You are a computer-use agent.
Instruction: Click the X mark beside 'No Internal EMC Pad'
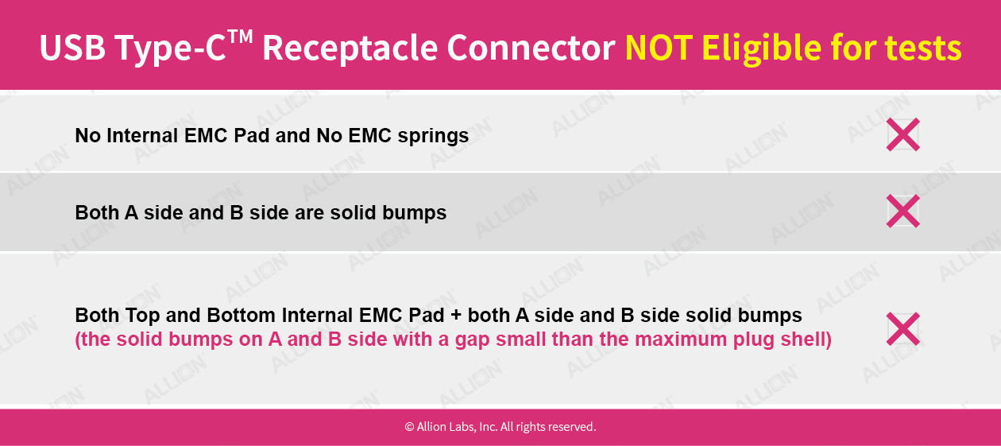pyautogui.click(x=903, y=134)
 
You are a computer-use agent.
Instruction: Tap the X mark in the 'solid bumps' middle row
pyautogui.click(x=903, y=211)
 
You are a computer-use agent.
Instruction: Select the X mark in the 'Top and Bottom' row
pyautogui.click(x=903, y=329)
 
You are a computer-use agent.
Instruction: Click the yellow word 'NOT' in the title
pyautogui.click(x=659, y=48)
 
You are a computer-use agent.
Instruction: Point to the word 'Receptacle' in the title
pyautogui.click(x=350, y=48)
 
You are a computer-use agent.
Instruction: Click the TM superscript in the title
pyautogui.click(x=240, y=37)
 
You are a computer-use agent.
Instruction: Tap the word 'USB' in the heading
pyautogui.click(x=72, y=48)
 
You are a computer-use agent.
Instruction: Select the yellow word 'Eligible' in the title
pyautogui.click(x=761, y=48)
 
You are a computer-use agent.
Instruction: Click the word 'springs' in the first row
pyautogui.click(x=433, y=136)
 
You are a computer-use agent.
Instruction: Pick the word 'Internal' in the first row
pyautogui.click(x=142, y=135)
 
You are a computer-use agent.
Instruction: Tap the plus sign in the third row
pyautogui.click(x=456, y=316)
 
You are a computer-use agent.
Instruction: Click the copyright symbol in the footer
pyautogui.click(x=409, y=427)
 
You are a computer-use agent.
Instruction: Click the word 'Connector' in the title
pyautogui.click(x=531, y=48)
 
